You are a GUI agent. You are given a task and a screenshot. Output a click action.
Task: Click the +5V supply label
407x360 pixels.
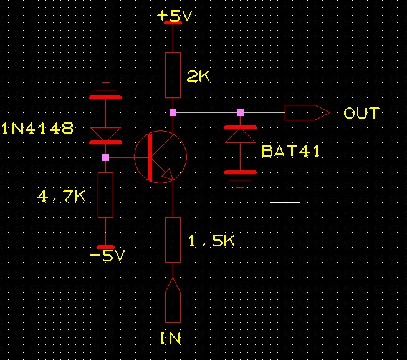click(x=175, y=16)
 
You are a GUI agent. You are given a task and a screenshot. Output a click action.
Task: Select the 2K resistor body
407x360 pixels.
click(x=173, y=75)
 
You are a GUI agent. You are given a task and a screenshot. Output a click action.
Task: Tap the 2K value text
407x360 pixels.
click(x=199, y=76)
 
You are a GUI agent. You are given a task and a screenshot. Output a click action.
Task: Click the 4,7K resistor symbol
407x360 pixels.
click(x=105, y=195)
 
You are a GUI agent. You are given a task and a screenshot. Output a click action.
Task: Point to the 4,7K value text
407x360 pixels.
click(x=62, y=197)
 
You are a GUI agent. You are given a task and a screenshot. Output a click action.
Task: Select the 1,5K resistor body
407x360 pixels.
click(x=173, y=240)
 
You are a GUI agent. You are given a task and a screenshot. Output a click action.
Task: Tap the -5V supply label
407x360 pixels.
click(x=107, y=256)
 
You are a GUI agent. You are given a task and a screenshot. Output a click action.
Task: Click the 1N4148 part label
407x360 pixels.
click(x=37, y=129)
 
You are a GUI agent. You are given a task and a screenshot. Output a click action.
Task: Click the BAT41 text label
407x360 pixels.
click(x=290, y=150)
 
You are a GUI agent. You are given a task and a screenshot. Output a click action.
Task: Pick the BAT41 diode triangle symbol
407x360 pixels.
click(x=240, y=135)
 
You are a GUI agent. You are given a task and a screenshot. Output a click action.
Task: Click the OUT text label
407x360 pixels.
click(x=361, y=114)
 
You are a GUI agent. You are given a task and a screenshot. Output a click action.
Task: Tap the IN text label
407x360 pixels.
click(x=170, y=338)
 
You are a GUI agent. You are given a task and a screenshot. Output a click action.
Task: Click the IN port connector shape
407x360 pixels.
click(x=173, y=302)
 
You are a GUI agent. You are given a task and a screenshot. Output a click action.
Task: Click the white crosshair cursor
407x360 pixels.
click(x=285, y=202)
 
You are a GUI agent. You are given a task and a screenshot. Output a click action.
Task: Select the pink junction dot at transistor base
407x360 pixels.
click(x=105, y=157)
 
